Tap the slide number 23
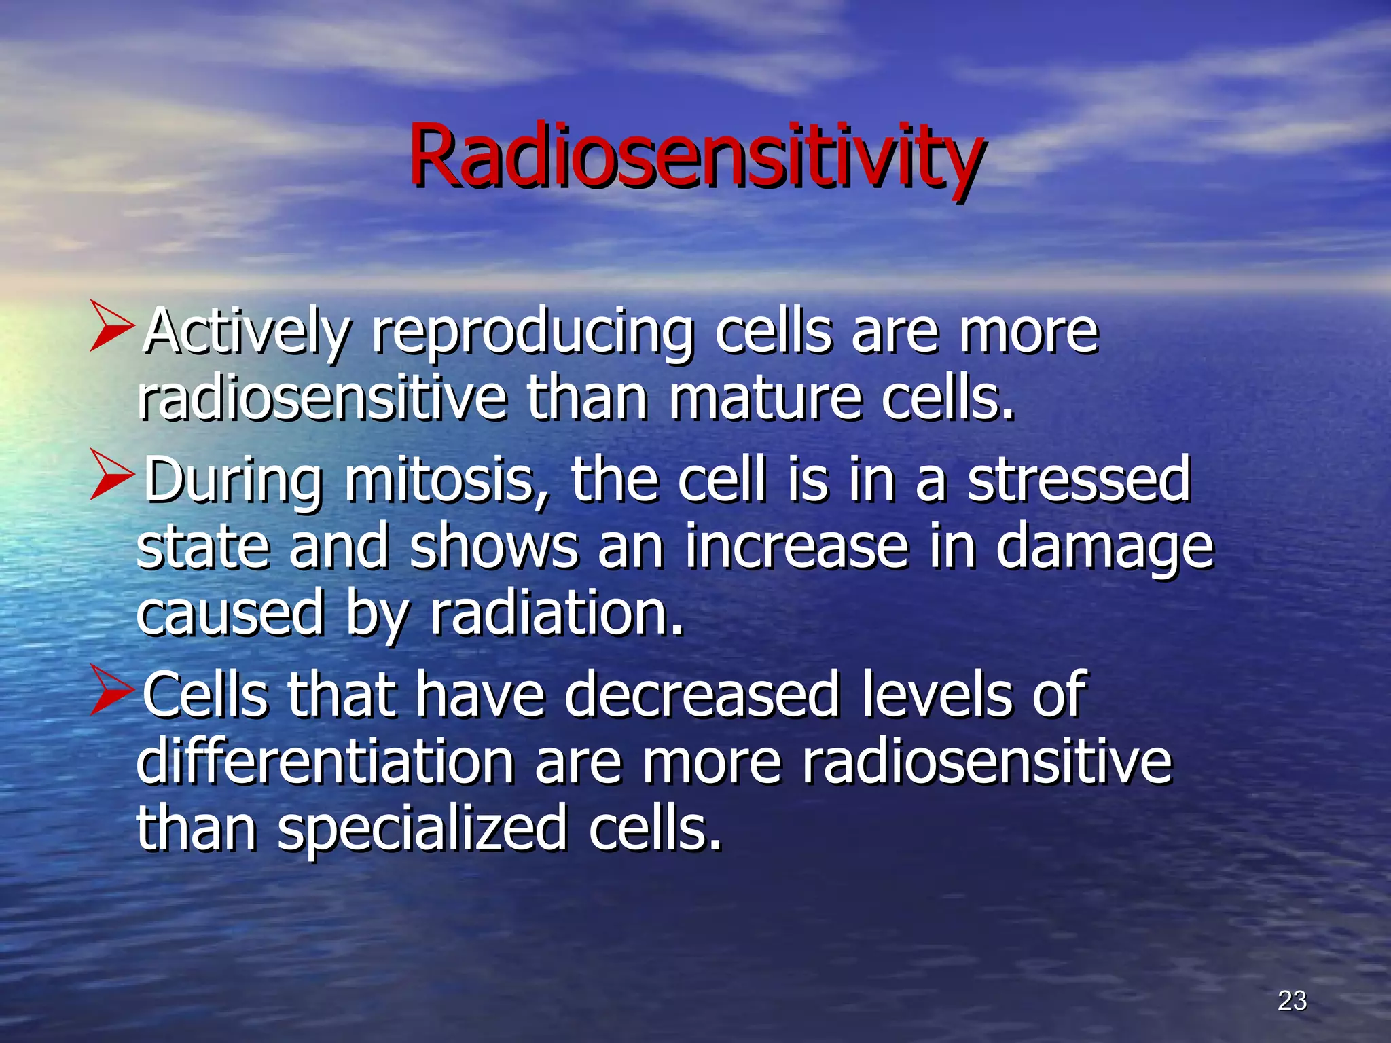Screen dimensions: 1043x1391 tap(1292, 1000)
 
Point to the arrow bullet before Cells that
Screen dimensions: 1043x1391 tap(111, 691)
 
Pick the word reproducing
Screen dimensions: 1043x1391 tap(532, 333)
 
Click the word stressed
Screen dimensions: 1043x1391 tap(1079, 480)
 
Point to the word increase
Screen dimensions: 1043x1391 tap(796, 547)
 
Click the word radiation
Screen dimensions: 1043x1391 tap(556, 613)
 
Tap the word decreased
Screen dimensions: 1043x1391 tap(702, 695)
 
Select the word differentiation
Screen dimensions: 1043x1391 tap(325, 761)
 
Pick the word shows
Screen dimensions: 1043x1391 tap(494, 547)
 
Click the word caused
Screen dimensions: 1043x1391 tap(230, 613)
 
